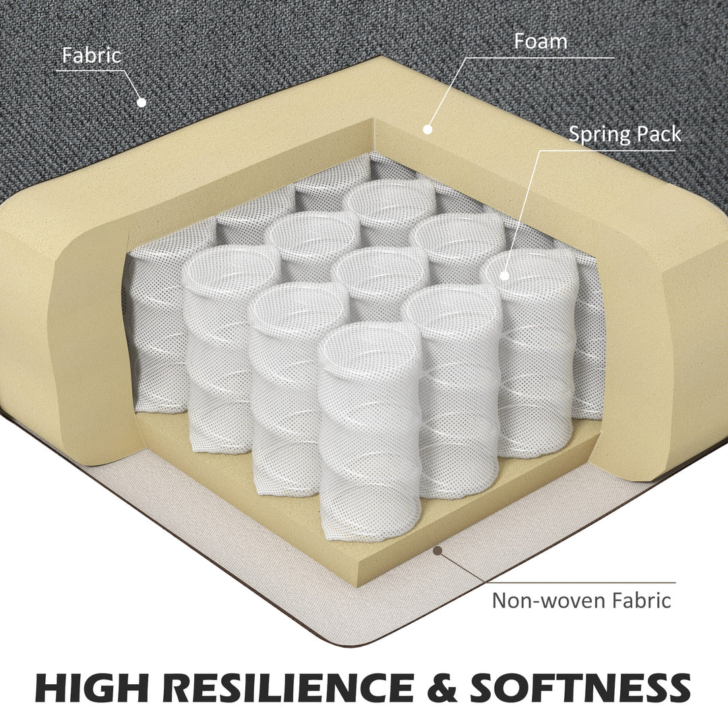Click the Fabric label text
[x=92, y=55]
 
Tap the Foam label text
[x=541, y=41]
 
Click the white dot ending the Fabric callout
[x=142, y=102]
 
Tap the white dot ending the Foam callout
[x=428, y=129]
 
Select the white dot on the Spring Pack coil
[x=504, y=276]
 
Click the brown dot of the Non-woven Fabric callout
[x=437, y=551]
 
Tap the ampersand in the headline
[x=442, y=688]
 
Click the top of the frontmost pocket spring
[x=370, y=342]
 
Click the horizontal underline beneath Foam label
[x=540, y=58]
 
